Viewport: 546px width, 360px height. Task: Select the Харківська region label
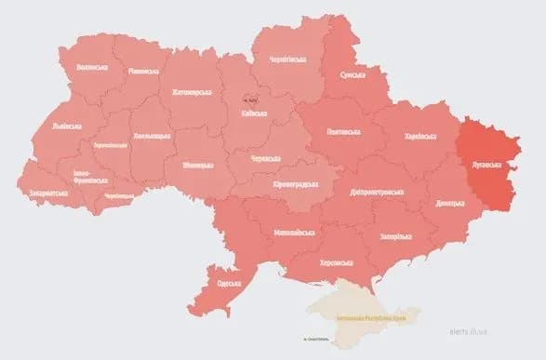click(421, 136)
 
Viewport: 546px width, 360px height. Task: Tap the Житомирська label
click(192, 92)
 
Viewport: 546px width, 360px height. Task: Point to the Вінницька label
click(197, 166)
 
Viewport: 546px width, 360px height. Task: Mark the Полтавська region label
click(344, 134)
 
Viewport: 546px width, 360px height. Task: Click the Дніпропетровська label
click(377, 192)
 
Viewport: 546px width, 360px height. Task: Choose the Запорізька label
click(394, 236)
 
